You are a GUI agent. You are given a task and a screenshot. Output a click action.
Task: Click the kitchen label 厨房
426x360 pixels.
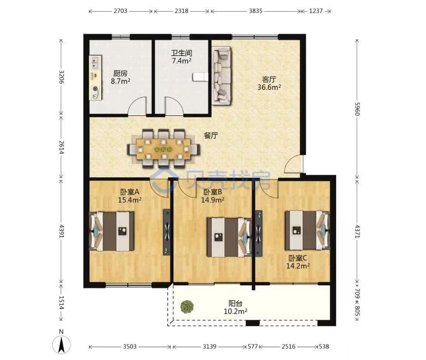[120, 73]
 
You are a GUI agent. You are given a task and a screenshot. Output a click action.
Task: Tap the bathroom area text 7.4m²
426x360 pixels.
[182, 61]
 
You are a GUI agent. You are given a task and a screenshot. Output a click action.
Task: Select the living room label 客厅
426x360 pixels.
[269, 79]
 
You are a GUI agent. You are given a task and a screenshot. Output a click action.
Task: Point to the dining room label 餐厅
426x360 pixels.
[211, 135]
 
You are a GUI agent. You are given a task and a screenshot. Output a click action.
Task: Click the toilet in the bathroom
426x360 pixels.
[200, 77]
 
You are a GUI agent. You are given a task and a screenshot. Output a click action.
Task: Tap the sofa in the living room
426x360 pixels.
[222, 75]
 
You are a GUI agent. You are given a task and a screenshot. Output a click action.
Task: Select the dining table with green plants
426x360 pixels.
[163, 149]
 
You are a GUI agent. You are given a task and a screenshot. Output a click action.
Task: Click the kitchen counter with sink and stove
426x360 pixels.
[96, 78]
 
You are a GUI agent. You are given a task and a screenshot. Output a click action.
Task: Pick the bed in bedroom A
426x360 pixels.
[111, 231]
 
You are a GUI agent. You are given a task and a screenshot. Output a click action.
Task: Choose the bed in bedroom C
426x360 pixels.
[307, 230]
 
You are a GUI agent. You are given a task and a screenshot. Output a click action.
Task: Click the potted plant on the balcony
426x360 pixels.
[187, 306]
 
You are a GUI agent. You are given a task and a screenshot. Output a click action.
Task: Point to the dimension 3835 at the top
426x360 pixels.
[256, 11]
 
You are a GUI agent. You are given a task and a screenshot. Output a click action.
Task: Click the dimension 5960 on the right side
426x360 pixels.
[357, 109]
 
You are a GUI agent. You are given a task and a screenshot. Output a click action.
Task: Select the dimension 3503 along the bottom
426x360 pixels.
[130, 346]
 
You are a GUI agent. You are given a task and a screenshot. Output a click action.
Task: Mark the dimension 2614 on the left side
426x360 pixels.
[62, 147]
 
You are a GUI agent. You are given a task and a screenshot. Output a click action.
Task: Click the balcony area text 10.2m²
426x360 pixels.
[235, 311]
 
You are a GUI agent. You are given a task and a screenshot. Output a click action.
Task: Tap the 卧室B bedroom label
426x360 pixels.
[213, 192]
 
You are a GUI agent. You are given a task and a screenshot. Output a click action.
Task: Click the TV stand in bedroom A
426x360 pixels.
[167, 232]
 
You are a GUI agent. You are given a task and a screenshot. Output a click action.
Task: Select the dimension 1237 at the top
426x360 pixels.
[316, 11]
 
